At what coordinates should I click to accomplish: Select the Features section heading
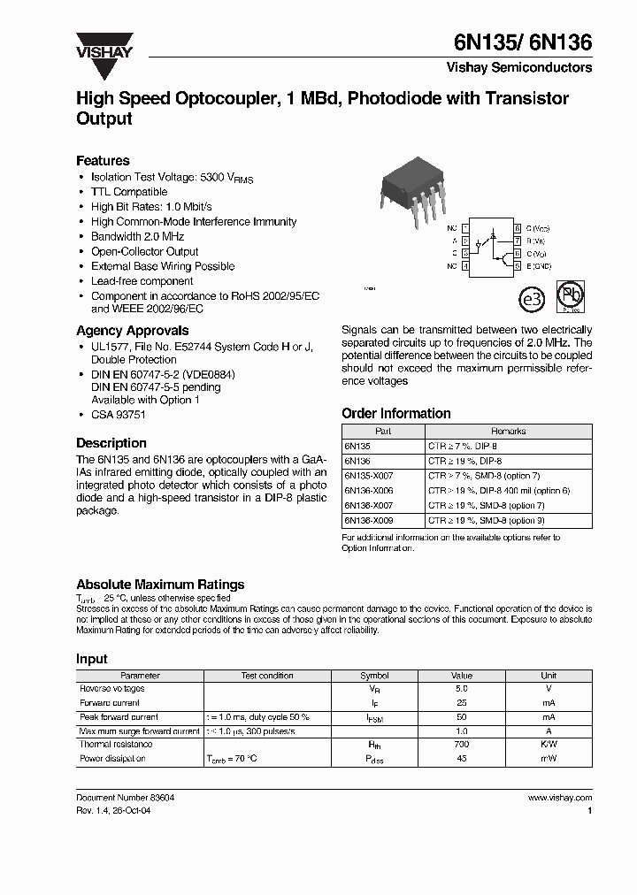click(x=103, y=161)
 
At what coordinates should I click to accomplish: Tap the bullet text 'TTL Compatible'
click(x=129, y=192)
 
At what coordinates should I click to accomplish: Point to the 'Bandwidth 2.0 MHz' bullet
click(x=139, y=237)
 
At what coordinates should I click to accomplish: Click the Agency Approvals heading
click(x=132, y=331)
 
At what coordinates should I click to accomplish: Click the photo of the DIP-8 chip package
click(x=409, y=191)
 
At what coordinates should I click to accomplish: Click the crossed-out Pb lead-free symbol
click(x=568, y=296)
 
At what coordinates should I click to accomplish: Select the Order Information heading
click(x=395, y=413)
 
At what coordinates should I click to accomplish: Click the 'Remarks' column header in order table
click(x=508, y=432)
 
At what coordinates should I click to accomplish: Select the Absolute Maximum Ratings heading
click(x=160, y=585)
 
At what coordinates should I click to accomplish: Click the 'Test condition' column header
click(x=267, y=676)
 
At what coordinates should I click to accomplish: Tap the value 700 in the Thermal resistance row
click(x=462, y=745)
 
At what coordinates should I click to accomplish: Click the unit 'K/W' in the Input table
click(x=549, y=745)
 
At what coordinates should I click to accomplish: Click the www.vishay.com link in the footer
click(x=559, y=798)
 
